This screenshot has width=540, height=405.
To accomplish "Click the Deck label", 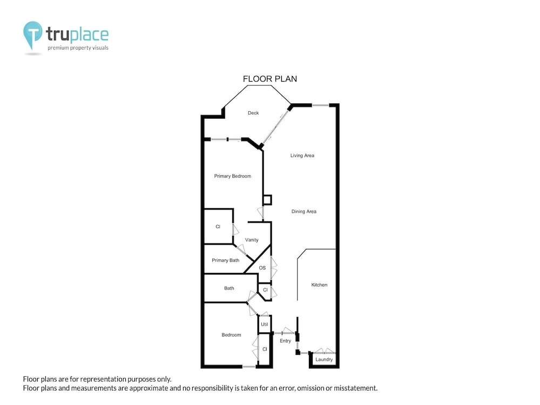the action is coord(253,113).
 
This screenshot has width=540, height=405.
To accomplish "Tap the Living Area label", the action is coord(302,156).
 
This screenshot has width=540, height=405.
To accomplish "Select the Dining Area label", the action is coord(303,212).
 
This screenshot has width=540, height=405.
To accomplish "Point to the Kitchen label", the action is coord(319,285).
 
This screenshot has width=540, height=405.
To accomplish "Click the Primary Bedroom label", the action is coord(232,176).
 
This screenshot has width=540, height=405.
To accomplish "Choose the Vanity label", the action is coord(252,240).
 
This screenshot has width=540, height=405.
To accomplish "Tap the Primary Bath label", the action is coord(225,260).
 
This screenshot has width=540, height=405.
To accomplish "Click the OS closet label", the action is coord(262,268).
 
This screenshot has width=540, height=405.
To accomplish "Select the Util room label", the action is coord(265,325).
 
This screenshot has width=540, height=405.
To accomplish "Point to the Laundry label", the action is coord(324,360).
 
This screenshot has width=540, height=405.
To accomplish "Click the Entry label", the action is coord(286,341).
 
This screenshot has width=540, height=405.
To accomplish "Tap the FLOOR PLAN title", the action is coord(270,79).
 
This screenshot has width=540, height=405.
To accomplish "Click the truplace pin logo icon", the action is coord(33,35).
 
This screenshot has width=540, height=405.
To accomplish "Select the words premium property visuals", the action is coord(78,48).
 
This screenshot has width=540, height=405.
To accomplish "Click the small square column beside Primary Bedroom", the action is coord(267,200).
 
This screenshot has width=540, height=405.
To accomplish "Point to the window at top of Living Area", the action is coord(320,105).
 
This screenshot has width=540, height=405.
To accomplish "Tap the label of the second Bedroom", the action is coord(232,335).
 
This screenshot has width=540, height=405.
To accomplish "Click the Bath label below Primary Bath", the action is coord(229,288).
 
